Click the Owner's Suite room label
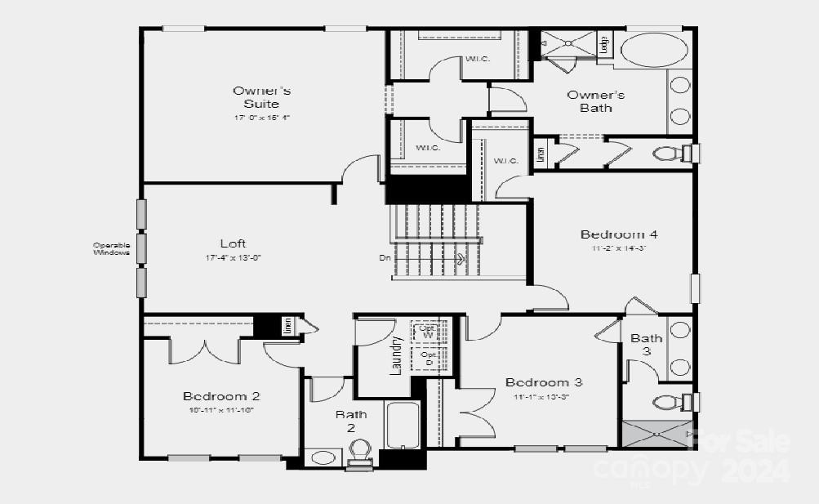pos(261,97)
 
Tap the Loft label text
pos(233,243)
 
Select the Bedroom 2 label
pos(221,396)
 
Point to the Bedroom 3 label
pos(543,382)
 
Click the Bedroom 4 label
pos(619,234)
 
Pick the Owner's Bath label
pos(595,100)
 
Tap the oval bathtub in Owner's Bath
pos(653,50)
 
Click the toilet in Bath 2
pos(359,450)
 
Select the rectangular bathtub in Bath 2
pos(403,425)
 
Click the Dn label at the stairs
pos(385,258)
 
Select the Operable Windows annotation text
pos(111,248)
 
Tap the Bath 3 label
pos(646,344)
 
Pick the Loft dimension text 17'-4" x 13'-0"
pos(233,258)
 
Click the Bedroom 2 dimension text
pos(221,410)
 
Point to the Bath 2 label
pos(351,421)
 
